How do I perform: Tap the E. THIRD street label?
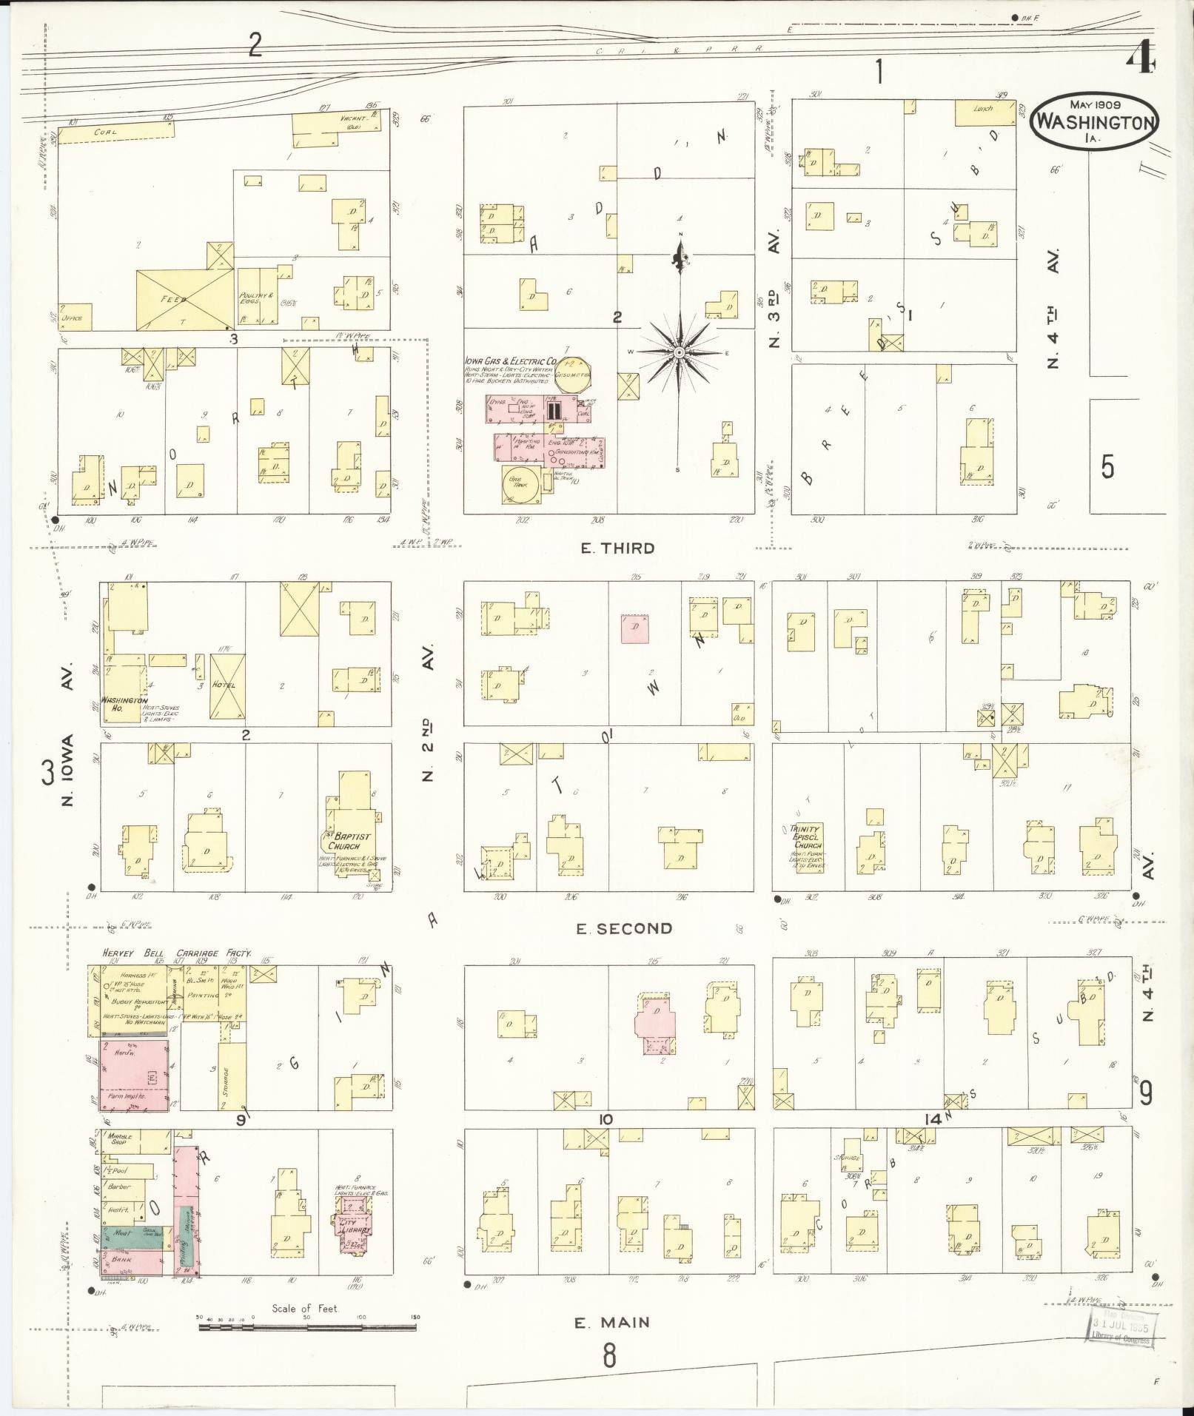coord(617,548)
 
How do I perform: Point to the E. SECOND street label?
coord(624,928)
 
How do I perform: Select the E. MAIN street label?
coord(612,1322)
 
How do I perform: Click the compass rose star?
coord(679,353)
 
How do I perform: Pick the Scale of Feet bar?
coord(307,1327)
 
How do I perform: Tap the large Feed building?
coord(185,299)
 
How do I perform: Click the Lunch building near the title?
coord(983,113)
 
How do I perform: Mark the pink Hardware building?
coord(134,1077)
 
